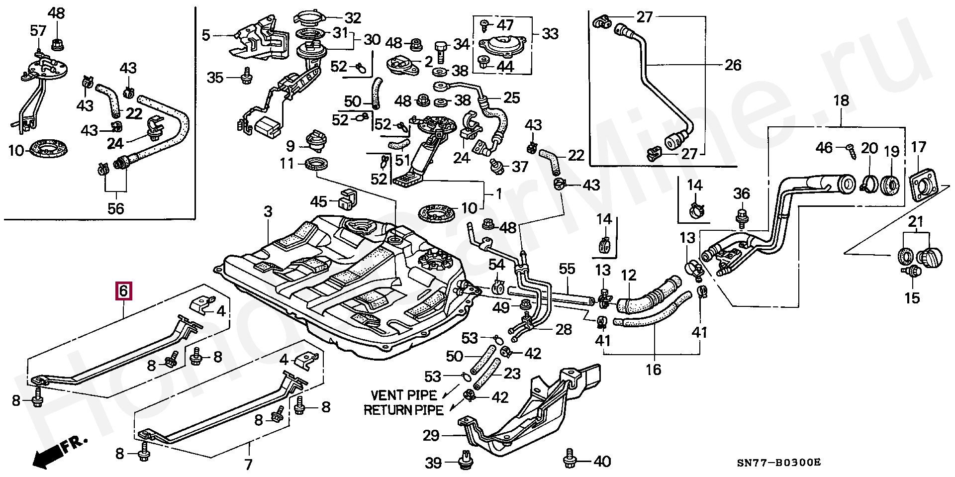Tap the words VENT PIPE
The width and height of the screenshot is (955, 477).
point(403,395)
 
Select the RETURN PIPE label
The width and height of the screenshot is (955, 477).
point(403,410)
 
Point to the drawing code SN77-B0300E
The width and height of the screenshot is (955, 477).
point(778,463)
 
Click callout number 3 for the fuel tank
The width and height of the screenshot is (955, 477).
point(268,212)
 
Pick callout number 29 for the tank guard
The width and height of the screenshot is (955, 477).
point(431,436)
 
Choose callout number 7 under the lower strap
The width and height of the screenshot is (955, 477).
point(248,465)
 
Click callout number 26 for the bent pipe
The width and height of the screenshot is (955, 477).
point(733,65)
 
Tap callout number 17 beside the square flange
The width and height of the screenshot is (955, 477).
point(918,147)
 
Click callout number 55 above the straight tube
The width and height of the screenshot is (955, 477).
point(567,269)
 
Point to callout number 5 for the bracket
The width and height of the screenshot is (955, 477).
point(206,35)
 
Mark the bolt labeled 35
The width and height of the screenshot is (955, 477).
point(245,77)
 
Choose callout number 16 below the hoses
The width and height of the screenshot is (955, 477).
point(654,369)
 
